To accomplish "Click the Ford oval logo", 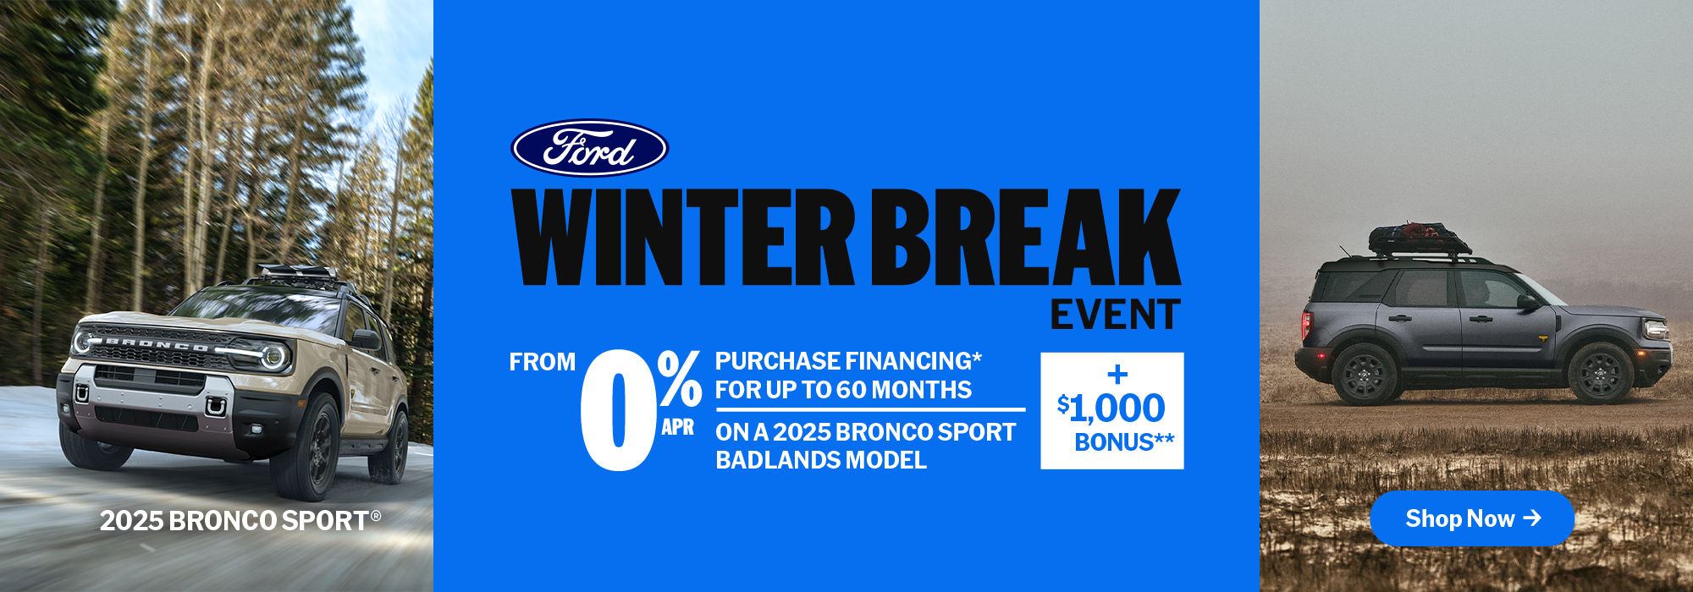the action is (x=589, y=148).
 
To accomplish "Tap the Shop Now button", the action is (x=1471, y=518).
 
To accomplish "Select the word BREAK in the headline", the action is (x=1026, y=237).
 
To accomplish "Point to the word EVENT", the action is (x=1115, y=315).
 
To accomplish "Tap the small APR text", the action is (x=677, y=427).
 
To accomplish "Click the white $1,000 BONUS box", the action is (x=1112, y=411).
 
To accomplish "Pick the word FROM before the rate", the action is (x=542, y=362).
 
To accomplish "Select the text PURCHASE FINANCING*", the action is (x=848, y=361).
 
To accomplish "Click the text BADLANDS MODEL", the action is (x=821, y=460).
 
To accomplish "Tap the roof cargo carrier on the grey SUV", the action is (x=1419, y=239).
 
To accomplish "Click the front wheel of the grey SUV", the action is (x=1599, y=373).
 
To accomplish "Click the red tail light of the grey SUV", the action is (x=1306, y=326).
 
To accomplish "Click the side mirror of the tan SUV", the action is (x=366, y=340).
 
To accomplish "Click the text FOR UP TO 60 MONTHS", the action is (x=843, y=390).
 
